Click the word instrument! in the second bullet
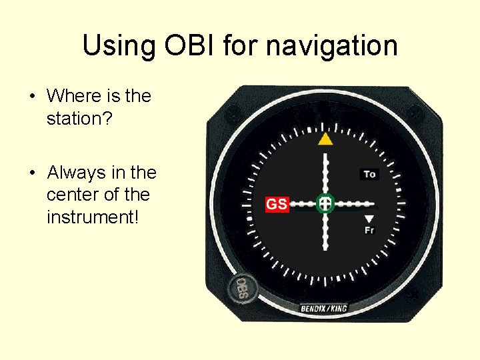(92, 217)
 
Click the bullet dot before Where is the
(32, 97)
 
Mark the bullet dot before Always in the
(32, 173)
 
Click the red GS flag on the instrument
(277, 204)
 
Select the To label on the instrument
(369, 175)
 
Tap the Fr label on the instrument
(369, 230)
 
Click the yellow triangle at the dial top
(325, 139)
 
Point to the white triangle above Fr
(369, 219)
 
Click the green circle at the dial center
(325, 203)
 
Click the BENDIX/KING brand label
(324, 308)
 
